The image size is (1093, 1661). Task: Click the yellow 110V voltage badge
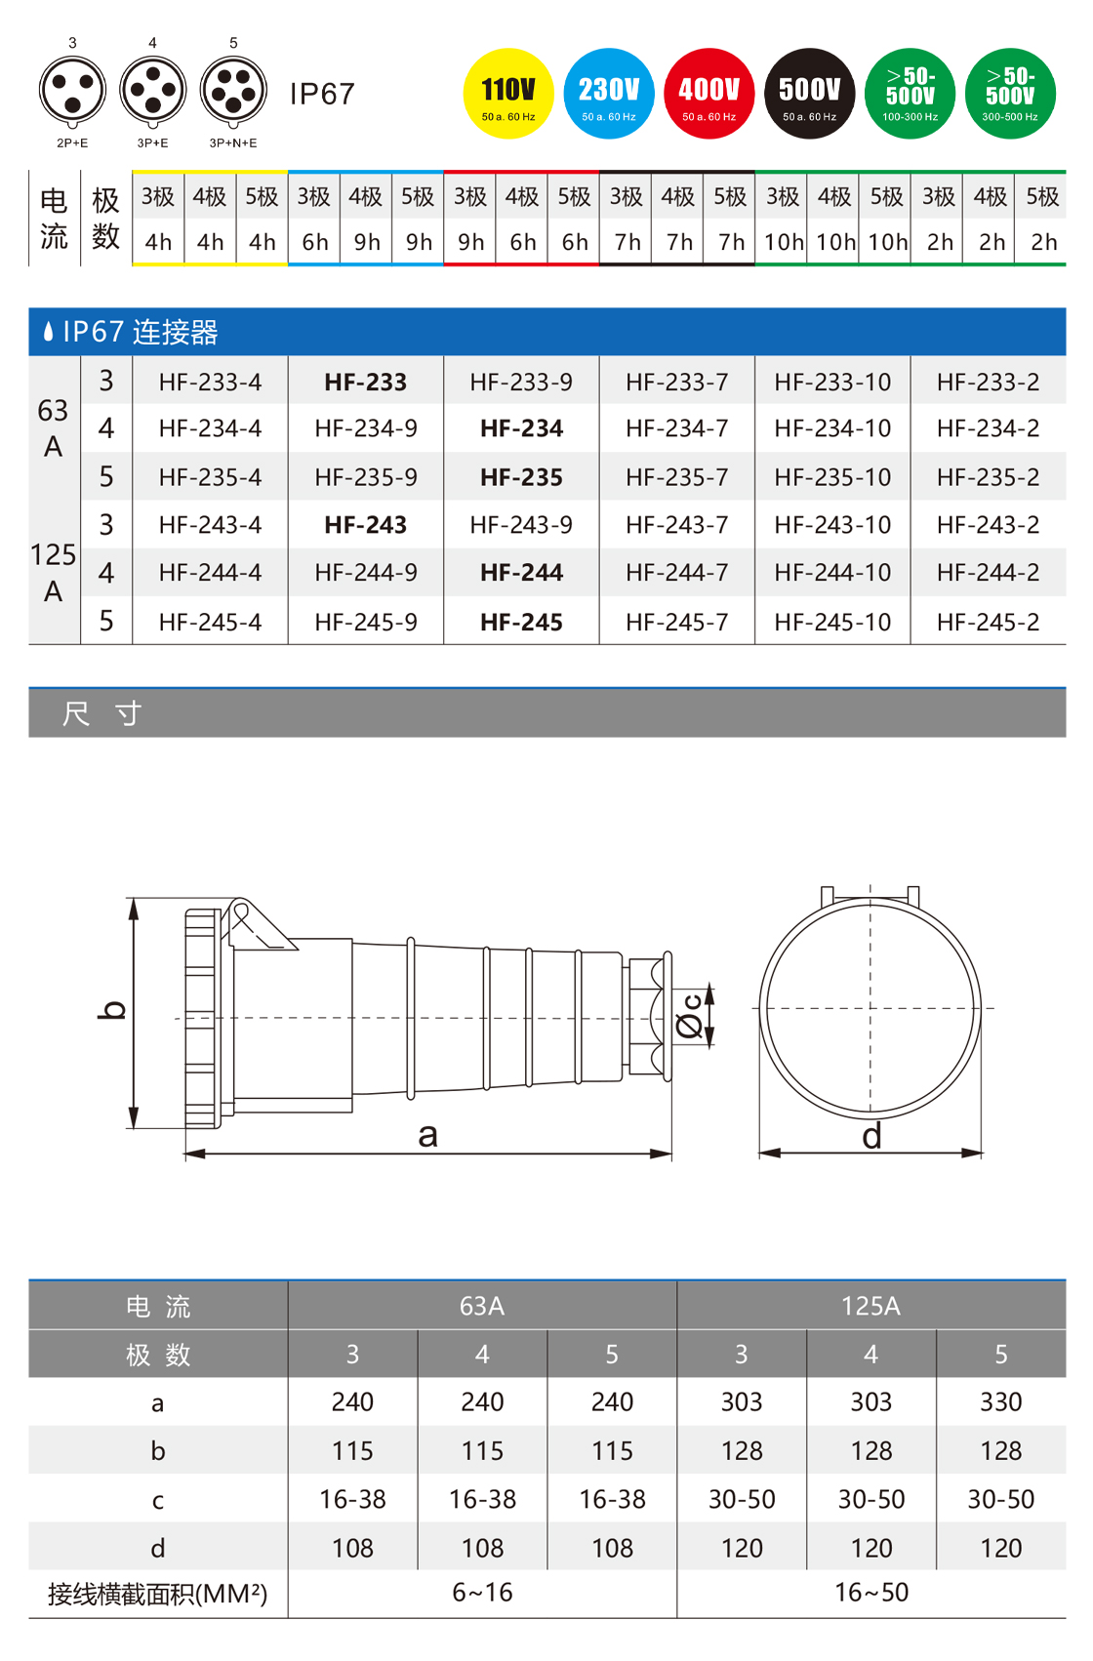click(x=508, y=94)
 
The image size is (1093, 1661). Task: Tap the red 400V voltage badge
click(x=709, y=94)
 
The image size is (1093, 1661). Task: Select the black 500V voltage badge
click(x=810, y=94)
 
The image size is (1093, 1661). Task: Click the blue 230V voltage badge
click(x=609, y=94)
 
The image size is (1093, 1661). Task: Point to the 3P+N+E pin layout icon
click(x=233, y=91)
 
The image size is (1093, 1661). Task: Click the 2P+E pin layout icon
click(x=73, y=91)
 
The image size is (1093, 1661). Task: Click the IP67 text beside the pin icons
click(x=322, y=94)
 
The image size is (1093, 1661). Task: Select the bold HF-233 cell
click(x=366, y=383)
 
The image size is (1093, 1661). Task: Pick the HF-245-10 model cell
click(x=832, y=622)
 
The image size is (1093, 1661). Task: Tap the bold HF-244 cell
click(x=521, y=573)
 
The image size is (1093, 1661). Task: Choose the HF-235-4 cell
click(x=210, y=477)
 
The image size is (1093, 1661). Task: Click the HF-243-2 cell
click(x=988, y=525)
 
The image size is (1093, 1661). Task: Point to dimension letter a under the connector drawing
click(x=427, y=1135)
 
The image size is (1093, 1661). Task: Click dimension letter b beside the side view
click(x=113, y=1010)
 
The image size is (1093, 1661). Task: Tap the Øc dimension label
click(x=689, y=1016)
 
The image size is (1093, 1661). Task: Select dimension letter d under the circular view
click(x=871, y=1136)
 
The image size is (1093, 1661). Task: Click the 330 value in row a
click(x=1000, y=1402)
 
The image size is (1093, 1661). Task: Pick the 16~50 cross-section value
click(x=870, y=1593)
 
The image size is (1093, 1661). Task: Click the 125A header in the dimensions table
click(x=870, y=1306)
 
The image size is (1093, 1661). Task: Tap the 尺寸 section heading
click(x=102, y=713)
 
